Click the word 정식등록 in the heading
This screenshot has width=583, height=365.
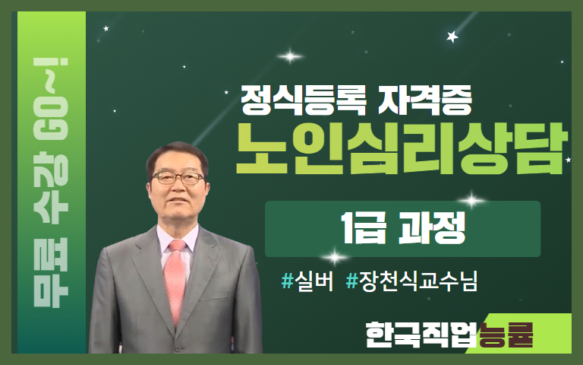click(x=304, y=100)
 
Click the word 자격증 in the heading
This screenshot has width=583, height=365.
click(x=425, y=100)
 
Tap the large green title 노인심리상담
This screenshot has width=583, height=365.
click(x=402, y=148)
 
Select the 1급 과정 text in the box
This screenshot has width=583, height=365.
click(x=403, y=228)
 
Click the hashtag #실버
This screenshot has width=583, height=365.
click(x=307, y=281)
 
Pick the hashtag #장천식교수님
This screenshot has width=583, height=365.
click(x=411, y=281)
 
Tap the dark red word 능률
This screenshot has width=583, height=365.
click(x=506, y=335)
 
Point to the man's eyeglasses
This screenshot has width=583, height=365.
click(x=178, y=178)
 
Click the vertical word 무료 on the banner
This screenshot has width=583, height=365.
click(x=51, y=273)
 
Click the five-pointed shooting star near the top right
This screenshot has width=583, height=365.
click(x=452, y=36)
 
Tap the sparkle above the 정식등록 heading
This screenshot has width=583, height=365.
click(x=290, y=56)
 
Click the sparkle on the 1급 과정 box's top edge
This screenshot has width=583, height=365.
click(x=472, y=201)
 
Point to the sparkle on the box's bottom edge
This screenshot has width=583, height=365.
click(x=335, y=257)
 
